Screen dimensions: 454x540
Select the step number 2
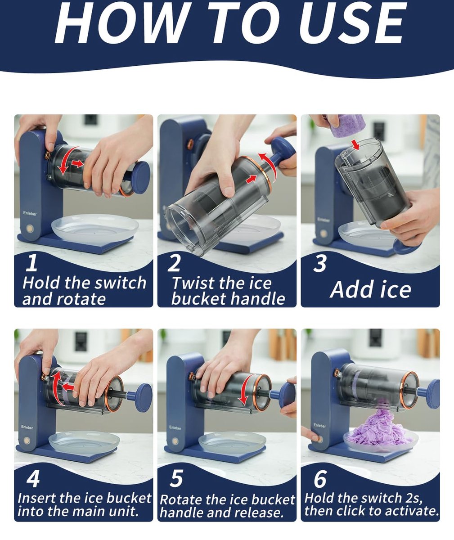pos(174,263)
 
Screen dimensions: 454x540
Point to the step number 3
pos(319,264)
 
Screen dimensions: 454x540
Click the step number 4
pos(33,478)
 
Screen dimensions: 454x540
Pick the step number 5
pos(176,478)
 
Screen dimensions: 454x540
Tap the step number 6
pos(320,478)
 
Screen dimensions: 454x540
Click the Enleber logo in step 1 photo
pos(30,213)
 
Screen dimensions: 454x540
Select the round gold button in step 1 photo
pos(30,228)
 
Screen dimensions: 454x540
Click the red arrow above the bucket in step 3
pos(356,145)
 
